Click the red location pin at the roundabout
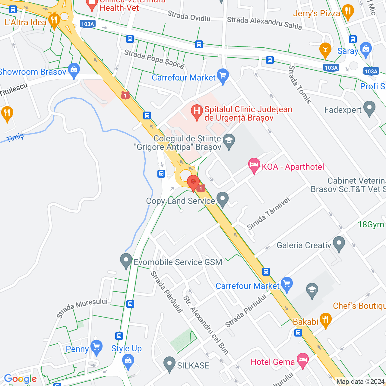coord(193,182)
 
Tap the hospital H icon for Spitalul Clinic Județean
coord(197,112)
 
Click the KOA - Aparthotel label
coord(293,167)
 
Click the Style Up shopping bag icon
coord(128,361)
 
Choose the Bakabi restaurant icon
coord(325,320)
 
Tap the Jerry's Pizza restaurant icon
coord(348,12)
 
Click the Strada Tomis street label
coord(300,84)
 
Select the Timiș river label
coord(15,138)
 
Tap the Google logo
coord(20,379)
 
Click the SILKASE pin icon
coord(169,364)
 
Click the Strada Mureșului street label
coord(82,308)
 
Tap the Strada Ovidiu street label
coord(189,16)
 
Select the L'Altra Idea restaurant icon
coord(54,21)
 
